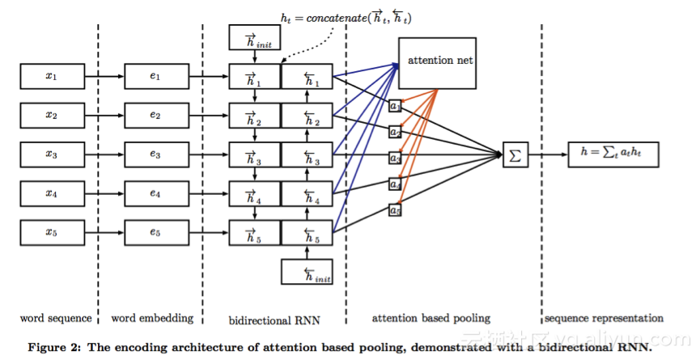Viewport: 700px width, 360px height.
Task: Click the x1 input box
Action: coord(51,77)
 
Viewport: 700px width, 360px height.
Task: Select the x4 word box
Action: coord(51,194)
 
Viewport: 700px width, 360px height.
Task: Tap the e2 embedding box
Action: coord(155,116)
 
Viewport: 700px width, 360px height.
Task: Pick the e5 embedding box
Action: coord(155,233)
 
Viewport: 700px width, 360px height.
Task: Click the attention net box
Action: coord(440,61)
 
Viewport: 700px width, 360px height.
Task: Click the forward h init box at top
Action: coord(255,36)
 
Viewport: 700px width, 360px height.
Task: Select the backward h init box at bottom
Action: coord(308,272)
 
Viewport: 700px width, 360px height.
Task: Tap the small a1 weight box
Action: coord(394,106)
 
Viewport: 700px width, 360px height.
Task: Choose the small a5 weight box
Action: coord(394,210)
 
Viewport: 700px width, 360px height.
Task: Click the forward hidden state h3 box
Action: coord(255,155)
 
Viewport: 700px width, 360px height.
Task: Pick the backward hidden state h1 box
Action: coord(307,77)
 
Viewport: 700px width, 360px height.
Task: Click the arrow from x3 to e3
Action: coord(103,155)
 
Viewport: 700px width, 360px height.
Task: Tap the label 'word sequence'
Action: coord(51,318)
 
